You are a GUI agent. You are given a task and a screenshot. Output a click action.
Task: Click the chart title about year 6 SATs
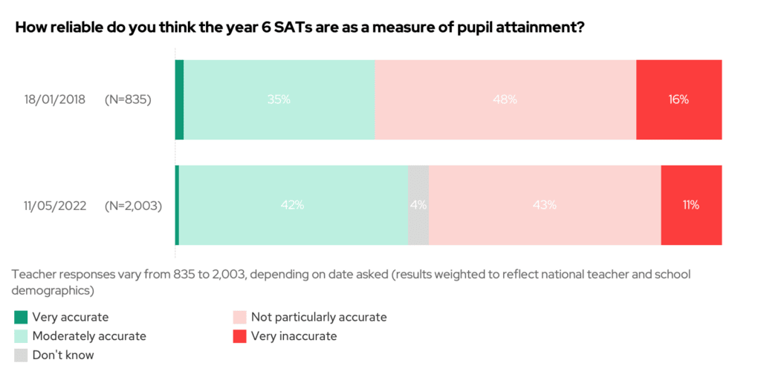coord(299,28)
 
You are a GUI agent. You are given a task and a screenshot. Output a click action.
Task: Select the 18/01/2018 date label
coord(54,99)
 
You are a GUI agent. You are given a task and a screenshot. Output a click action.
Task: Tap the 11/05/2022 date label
coord(54,206)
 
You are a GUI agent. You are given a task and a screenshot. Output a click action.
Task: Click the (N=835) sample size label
coord(128,99)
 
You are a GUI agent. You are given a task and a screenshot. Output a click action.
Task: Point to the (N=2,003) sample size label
coord(133,206)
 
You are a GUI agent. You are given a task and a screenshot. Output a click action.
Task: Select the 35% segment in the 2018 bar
coord(279,99)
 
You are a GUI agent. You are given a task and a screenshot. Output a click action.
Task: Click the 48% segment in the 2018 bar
coord(505,99)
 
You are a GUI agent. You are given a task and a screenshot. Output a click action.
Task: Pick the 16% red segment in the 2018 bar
coord(679,99)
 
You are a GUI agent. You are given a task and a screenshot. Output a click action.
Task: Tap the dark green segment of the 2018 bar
coord(179,99)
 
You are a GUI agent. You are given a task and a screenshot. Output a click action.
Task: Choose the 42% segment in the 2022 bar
coord(294,206)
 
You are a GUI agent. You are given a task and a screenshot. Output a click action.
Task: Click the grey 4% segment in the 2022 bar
coord(418,206)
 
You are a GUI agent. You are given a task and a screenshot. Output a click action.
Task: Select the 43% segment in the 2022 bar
coord(545,206)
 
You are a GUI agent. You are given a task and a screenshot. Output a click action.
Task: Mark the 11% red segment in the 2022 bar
coord(691,206)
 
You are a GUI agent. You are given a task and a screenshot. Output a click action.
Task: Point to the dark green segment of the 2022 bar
coord(177,206)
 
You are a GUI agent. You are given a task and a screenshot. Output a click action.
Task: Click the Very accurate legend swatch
coord(21,318)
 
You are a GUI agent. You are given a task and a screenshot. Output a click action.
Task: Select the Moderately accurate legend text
coord(89,336)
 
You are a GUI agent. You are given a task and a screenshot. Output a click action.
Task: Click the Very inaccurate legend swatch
coord(240,336)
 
